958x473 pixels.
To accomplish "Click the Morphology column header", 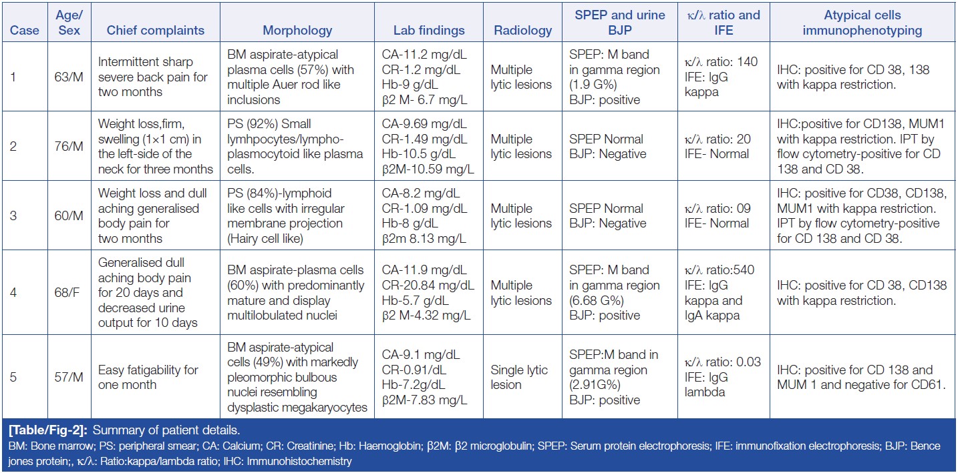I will [297, 31].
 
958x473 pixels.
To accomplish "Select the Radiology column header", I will [522, 31].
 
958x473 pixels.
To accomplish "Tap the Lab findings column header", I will [429, 31].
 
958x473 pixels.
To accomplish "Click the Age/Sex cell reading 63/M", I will [69, 77].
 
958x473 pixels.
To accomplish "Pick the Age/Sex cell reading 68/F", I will [69, 293].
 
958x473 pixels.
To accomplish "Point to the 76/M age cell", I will [69, 146].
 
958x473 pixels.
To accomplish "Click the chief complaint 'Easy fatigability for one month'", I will [148, 377].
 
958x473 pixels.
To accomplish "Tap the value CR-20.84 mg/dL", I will [428, 286].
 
